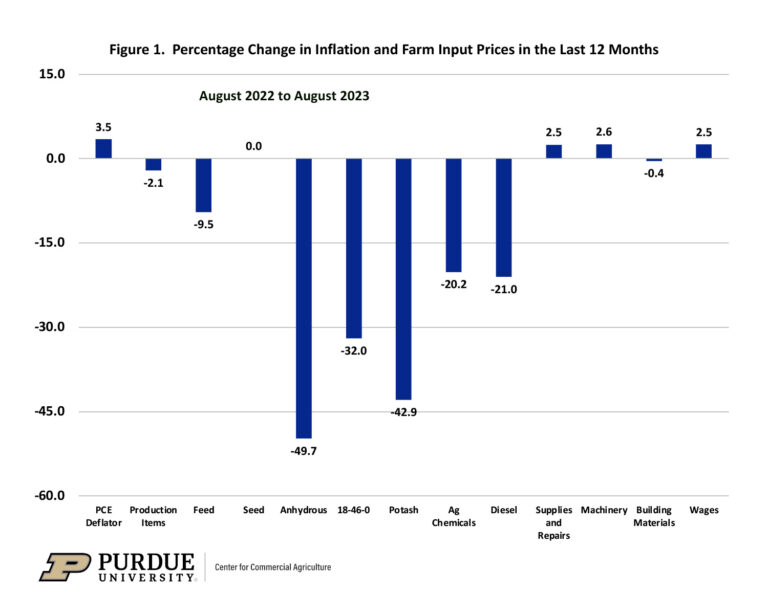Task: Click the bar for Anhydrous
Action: tap(303, 298)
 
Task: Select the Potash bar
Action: tap(403, 279)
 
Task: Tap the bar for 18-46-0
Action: tap(353, 248)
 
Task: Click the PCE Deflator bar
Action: tap(103, 149)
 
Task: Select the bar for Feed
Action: tap(203, 185)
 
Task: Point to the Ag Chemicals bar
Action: tap(453, 215)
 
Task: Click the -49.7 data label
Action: tap(303, 451)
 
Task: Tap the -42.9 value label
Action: tap(403, 413)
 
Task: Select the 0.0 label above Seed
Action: tap(253, 146)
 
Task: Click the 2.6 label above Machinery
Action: tap(603, 131)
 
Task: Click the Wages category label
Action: tap(703, 510)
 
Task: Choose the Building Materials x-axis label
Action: tap(654, 516)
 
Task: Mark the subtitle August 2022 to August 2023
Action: tap(284, 96)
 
